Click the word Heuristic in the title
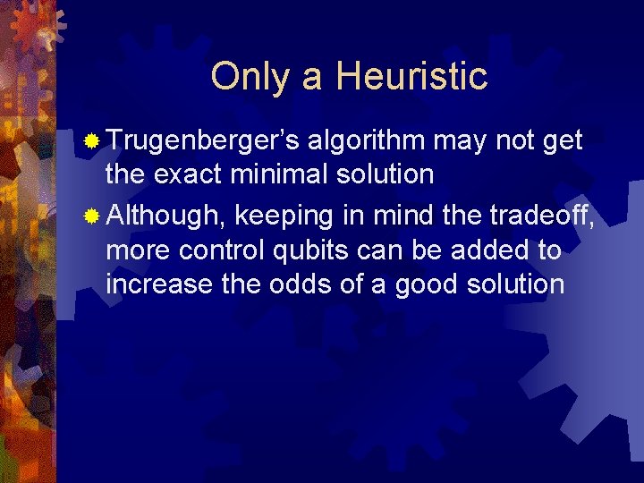[412, 77]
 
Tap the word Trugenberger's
[204, 141]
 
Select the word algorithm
[369, 141]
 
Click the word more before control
[138, 250]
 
